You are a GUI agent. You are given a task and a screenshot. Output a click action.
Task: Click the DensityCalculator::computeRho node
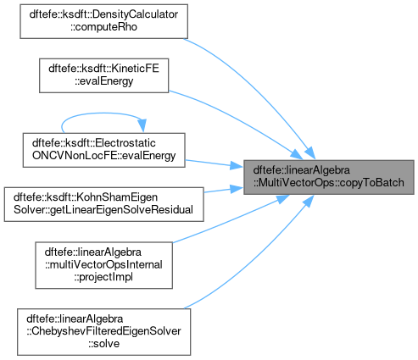coord(103,21)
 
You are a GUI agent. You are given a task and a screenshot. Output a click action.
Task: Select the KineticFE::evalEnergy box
coord(103,75)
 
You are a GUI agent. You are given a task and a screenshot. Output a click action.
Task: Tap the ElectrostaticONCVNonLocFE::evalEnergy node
coord(103,150)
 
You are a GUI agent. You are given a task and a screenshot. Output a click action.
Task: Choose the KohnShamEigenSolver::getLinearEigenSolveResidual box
coord(103,204)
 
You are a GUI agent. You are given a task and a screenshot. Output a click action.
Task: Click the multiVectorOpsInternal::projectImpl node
coord(103,265)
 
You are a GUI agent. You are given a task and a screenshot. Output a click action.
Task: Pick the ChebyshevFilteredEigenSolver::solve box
coord(103,332)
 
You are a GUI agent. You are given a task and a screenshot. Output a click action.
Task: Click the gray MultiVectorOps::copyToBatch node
coord(329,177)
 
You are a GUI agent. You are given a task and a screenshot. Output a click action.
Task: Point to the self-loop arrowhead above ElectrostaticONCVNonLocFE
coord(142,125)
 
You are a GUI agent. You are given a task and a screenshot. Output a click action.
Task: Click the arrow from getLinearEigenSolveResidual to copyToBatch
coord(223,190)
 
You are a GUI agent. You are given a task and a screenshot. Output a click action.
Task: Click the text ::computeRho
coord(103,27)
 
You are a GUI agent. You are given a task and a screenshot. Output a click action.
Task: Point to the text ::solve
coord(103,344)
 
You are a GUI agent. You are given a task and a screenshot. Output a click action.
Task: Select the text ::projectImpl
coord(103,277)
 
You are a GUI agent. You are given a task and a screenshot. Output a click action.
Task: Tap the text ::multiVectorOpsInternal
coord(103,265)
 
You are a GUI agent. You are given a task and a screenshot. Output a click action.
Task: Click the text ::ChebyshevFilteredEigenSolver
coord(103,331)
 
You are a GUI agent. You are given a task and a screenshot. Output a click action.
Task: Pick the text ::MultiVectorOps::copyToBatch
coord(329,183)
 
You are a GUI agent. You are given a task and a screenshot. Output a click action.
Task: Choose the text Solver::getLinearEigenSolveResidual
coord(103,210)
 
